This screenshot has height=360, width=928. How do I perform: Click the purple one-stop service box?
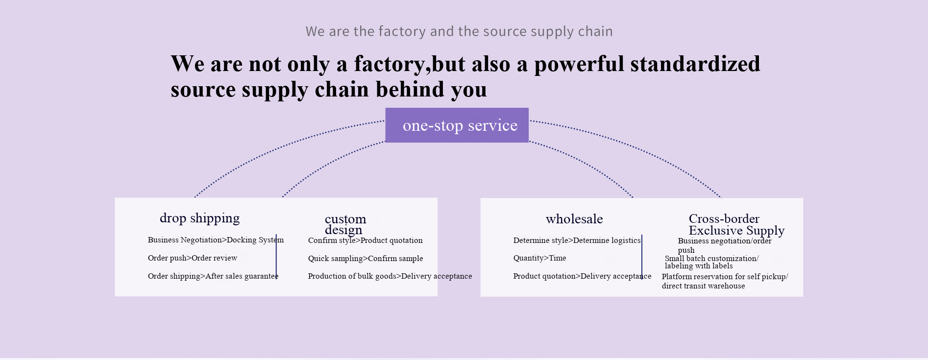coord(457,125)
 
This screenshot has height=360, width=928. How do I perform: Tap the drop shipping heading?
coord(199,218)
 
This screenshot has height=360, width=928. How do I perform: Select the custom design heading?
coord(345,224)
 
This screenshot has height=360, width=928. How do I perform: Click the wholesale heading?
coord(574,219)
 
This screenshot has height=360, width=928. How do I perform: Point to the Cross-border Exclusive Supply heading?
coord(736,224)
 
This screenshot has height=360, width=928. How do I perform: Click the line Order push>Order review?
coord(192,258)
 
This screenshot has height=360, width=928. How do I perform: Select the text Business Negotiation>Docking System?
coord(216,240)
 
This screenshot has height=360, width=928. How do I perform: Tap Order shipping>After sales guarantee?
coord(213,276)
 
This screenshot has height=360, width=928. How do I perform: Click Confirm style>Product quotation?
coord(365,240)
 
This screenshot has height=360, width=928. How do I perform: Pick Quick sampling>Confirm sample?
coord(365,259)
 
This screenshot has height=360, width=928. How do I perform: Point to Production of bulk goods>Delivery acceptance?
coord(390,276)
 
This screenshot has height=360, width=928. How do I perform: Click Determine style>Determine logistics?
coord(577,240)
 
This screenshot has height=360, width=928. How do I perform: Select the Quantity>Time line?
coord(539,258)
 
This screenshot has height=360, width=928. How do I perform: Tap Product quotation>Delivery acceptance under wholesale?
coord(582,276)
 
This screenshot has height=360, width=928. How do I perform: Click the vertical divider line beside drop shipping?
coord(276,256)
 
